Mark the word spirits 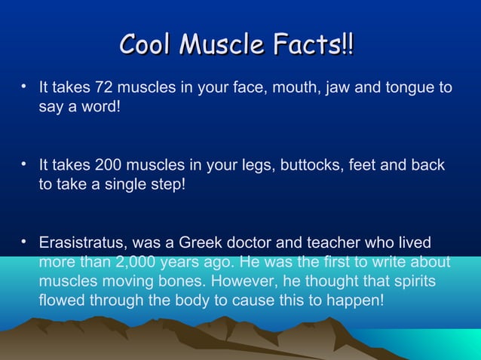409,282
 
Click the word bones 181,282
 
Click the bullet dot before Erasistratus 25,241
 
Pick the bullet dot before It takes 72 25,87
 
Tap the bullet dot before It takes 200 25,163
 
